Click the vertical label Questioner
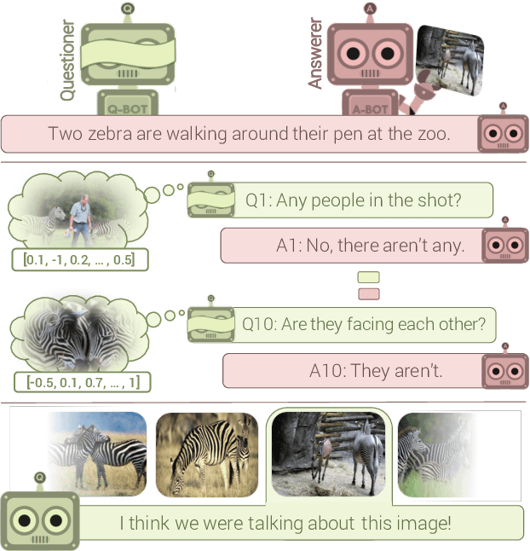tap(67, 60)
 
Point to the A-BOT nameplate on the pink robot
tap(370, 108)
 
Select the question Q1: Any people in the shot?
tap(353, 200)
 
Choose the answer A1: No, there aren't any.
tap(370, 246)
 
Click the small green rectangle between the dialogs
tap(369, 277)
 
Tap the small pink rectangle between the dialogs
tap(369, 293)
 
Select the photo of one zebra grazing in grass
tap(206, 454)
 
